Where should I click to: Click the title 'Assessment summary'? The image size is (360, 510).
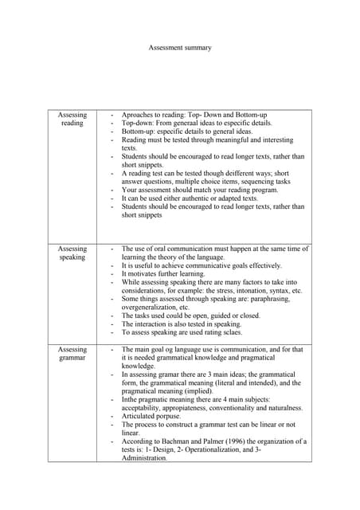tap(180, 48)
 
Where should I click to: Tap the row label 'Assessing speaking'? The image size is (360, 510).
tap(72, 253)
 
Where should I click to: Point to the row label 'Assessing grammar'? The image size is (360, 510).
tap(72, 354)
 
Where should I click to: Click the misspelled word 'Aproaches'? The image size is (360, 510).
tap(139, 115)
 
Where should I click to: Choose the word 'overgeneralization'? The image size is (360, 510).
tap(149, 308)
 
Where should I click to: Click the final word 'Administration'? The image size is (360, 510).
tap(144, 458)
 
